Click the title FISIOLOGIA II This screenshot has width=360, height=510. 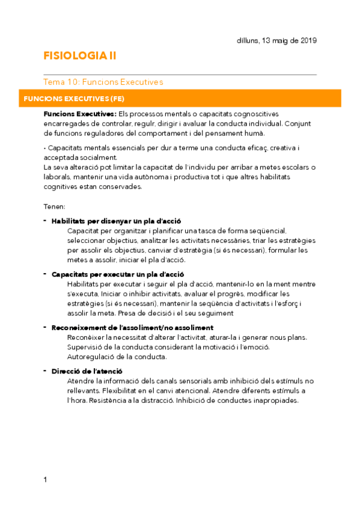pos(80,56)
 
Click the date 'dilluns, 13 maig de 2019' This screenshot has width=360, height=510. pos(277,40)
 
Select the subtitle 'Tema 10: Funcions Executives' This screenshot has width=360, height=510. pos(103,82)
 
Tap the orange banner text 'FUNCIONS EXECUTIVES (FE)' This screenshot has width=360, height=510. pos(74,98)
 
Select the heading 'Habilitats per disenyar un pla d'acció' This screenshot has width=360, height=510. pos(117,221)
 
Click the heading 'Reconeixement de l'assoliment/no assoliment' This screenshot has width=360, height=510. pos(132,327)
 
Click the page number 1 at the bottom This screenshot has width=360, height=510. pos(46,479)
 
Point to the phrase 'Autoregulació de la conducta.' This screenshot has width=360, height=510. pos(117,356)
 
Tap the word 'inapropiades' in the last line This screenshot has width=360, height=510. pos(274,401)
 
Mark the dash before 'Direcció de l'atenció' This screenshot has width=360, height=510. pos(46,370)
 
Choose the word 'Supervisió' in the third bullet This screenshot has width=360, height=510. pos(87,346)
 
